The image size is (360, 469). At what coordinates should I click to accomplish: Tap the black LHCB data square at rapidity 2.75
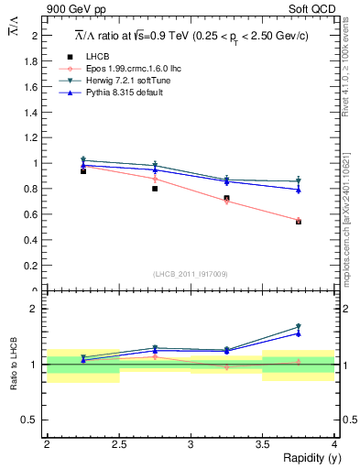coord(155,189)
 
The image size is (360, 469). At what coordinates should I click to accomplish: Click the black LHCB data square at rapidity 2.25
coord(83,171)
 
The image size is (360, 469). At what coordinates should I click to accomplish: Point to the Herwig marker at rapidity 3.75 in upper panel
coord(299,181)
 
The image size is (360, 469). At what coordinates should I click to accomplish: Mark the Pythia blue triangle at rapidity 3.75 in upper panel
coord(299,190)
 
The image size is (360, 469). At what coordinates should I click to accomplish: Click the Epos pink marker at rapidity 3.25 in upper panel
coord(227,202)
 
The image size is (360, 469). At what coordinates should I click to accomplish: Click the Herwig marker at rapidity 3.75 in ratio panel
coord(299,326)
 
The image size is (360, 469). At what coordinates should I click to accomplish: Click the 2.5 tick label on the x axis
coord(118,443)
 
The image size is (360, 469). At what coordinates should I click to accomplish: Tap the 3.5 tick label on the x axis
coord(262,443)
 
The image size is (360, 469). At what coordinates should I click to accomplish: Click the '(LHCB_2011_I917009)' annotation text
coord(191,274)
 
